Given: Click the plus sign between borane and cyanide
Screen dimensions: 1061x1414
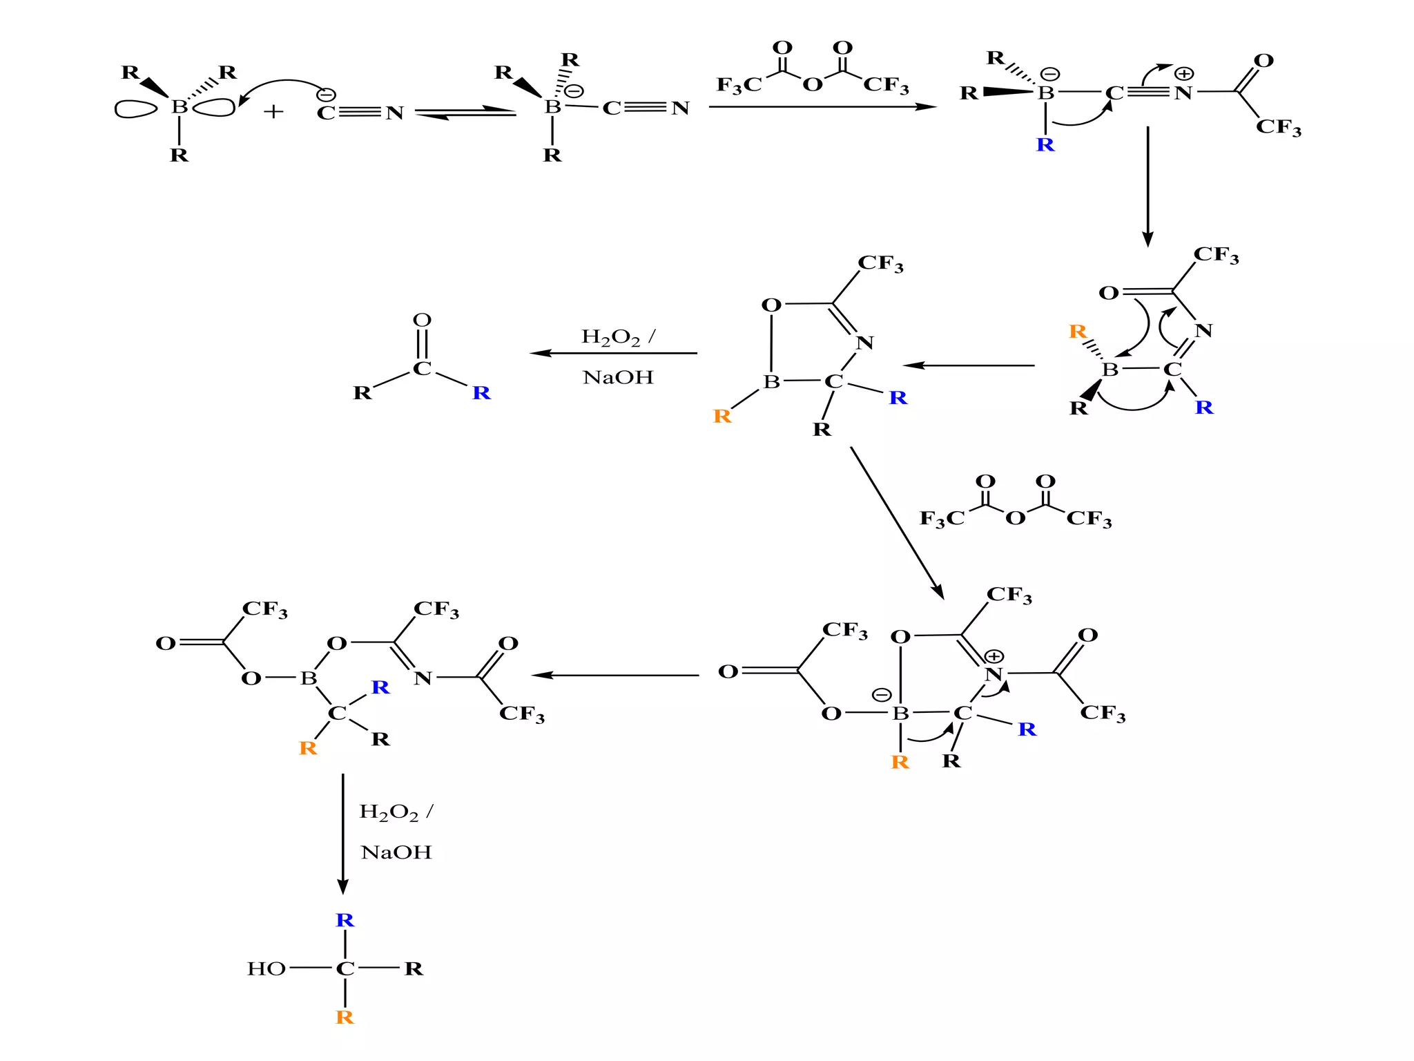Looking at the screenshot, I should coord(273,111).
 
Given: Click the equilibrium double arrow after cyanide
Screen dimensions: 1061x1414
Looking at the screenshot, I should coord(465,113).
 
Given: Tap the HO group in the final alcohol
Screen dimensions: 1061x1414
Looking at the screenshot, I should coord(266,968).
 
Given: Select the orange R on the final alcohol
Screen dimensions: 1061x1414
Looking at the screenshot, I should coord(345,1017).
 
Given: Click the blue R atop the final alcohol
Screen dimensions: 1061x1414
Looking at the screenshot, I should coord(345,920).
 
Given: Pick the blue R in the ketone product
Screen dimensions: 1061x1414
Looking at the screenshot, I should coord(481,393).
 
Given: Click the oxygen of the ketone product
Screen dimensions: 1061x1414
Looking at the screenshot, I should coord(422,320).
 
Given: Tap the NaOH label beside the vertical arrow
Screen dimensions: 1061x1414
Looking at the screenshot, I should coord(396,852).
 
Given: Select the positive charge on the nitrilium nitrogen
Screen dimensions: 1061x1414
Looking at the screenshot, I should coord(1184,73).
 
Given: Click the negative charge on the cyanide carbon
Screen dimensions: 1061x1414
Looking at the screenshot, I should coord(326,95).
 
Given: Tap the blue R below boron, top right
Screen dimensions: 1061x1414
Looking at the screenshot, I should coord(1045,145).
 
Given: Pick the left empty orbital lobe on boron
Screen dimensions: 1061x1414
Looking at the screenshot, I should coord(135,109).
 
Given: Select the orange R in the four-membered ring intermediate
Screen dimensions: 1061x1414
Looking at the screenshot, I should coord(722,416).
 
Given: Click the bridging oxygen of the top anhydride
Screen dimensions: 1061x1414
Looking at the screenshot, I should coord(813,85).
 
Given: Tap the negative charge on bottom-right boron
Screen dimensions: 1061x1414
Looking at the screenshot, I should coord(882,695).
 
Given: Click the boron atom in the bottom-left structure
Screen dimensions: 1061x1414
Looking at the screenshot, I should coord(308,678).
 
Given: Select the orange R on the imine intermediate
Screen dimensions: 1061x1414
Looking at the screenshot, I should coord(1077,332).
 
